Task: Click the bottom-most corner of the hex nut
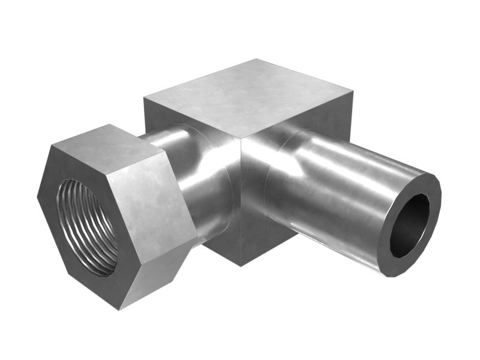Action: (x=119, y=310)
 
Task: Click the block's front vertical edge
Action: (x=241, y=198)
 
